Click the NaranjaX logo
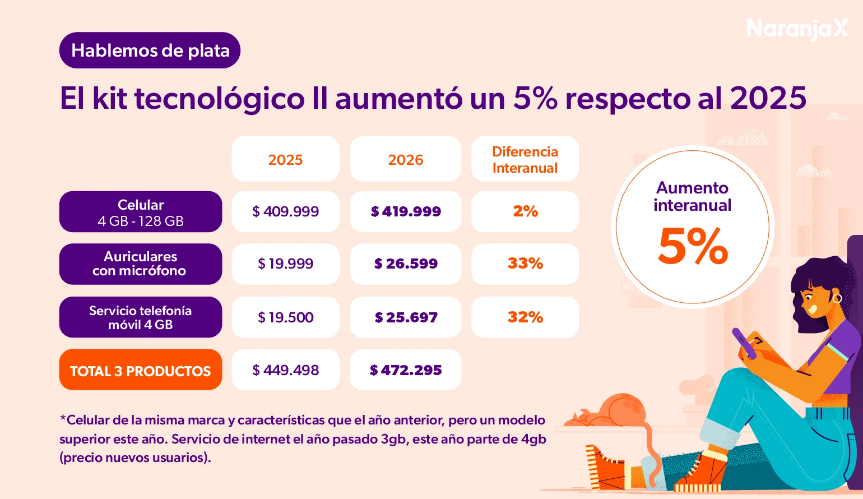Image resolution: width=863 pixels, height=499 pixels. (797, 28)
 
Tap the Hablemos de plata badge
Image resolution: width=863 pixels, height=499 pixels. (150, 50)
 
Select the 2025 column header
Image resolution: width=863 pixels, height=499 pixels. (285, 159)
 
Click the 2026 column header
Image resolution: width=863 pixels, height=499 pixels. (405, 159)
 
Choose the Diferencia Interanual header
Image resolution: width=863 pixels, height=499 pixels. (525, 159)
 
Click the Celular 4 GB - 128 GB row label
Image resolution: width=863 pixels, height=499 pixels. (141, 212)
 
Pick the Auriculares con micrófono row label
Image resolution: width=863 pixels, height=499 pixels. (141, 264)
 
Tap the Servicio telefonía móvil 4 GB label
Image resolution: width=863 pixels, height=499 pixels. (141, 317)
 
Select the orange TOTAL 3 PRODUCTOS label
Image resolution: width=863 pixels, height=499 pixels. (141, 370)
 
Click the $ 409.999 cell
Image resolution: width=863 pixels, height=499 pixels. (285, 211)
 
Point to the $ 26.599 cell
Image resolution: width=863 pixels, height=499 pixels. (405, 264)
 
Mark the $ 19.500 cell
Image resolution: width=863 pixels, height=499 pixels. (285, 317)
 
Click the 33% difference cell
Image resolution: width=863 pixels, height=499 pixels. (525, 264)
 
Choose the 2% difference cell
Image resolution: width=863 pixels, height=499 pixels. (525, 211)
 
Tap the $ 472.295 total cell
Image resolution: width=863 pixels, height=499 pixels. (405, 370)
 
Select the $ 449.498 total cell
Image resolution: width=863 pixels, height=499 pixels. (285, 370)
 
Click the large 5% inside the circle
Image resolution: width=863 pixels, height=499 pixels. (693, 247)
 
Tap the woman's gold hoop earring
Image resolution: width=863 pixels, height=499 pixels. (837, 298)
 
